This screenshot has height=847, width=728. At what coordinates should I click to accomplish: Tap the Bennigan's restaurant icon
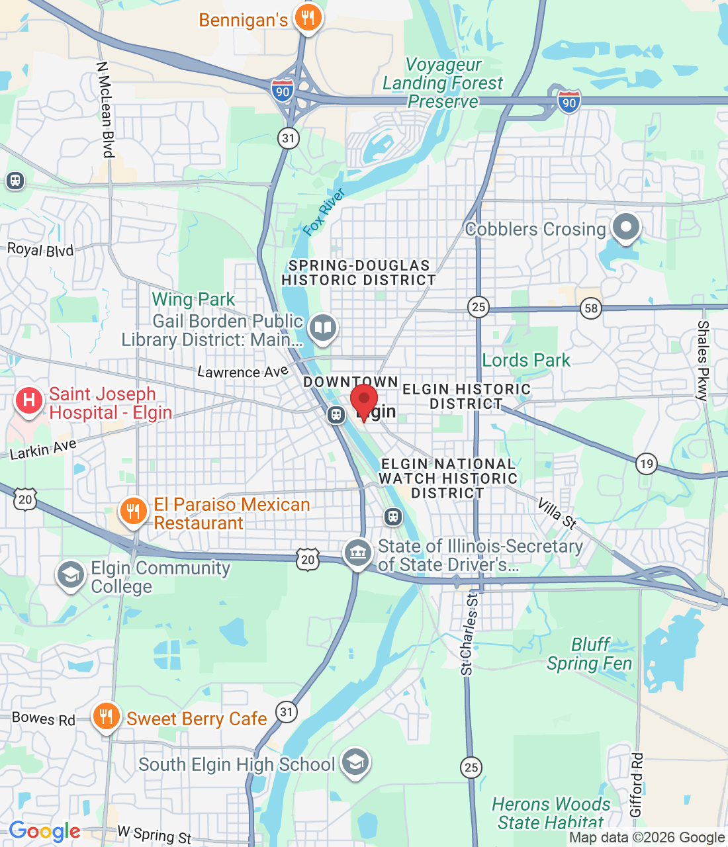pos(307,18)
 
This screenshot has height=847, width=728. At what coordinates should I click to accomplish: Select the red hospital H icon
pos(29,401)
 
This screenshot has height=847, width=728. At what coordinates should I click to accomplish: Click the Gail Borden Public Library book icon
pos(322,328)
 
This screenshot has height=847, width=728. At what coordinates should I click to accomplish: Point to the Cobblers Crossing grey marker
pos(625,227)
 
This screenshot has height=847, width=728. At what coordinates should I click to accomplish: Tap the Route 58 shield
pos(590,308)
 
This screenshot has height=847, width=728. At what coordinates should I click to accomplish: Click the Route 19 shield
pos(647,463)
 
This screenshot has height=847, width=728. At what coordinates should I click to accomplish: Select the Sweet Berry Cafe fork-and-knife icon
pos(106,717)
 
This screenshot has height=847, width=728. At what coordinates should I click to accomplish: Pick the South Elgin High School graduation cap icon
pos(355,764)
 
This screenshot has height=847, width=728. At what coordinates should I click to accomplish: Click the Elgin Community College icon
pos(71,575)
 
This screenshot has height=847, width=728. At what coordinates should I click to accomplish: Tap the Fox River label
pos(324,212)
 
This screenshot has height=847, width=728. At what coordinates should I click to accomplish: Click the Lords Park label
pos(526,360)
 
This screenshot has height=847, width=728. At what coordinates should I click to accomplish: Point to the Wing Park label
pos(193,299)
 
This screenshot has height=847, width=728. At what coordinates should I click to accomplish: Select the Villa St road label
pos(557,514)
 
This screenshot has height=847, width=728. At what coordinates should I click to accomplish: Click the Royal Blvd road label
pos(40,249)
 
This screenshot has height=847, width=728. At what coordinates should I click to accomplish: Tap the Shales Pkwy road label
pos(703,361)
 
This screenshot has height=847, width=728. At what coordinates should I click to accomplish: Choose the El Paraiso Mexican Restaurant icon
pos(133,512)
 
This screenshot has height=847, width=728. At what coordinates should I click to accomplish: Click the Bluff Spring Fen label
pos(589,654)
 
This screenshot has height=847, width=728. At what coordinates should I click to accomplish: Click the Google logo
pos(44,831)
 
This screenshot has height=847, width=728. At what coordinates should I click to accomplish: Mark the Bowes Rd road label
pos(44,719)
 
